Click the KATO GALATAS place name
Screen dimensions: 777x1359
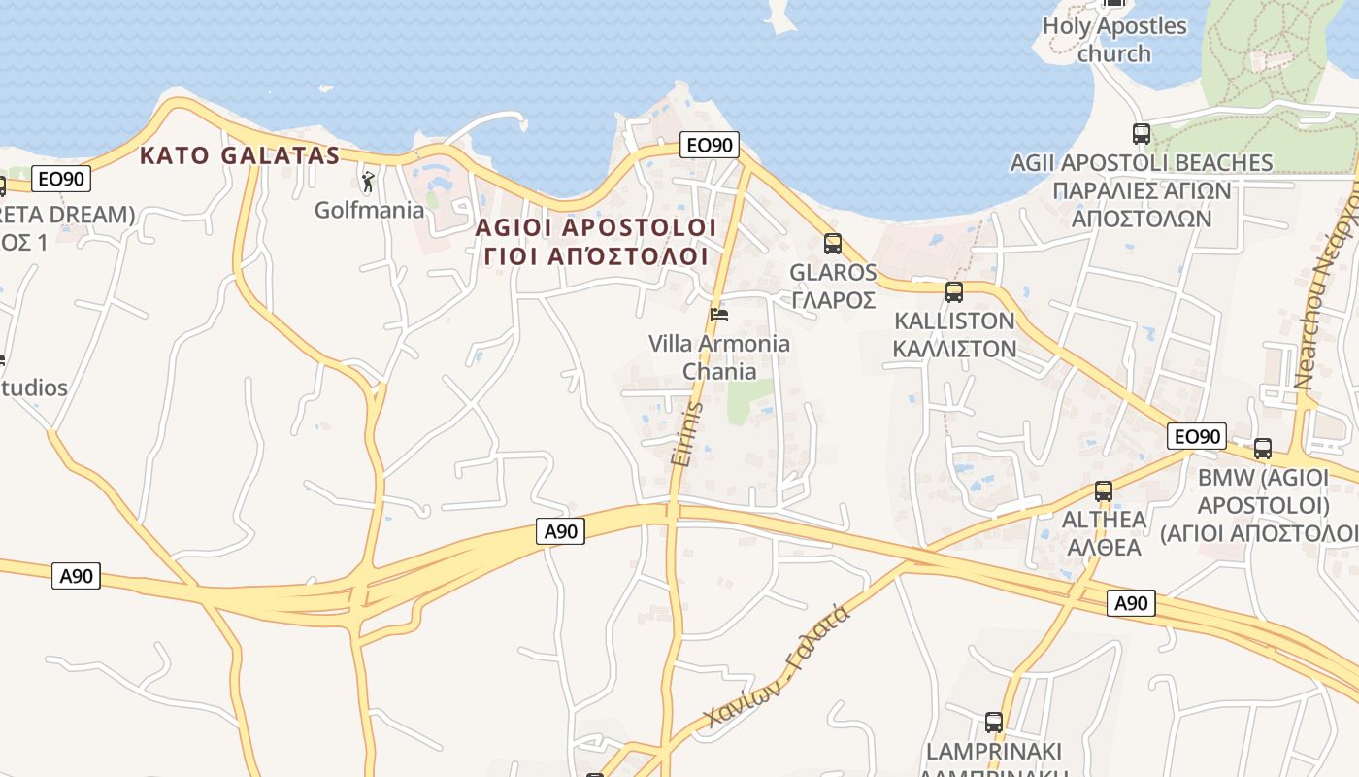[240, 155]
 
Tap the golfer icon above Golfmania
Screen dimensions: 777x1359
[368, 182]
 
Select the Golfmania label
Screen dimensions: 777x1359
[369, 210]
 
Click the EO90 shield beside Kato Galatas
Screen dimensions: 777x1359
[62, 179]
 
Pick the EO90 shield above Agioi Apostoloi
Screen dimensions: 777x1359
[709, 146]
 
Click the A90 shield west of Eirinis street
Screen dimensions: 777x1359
[561, 530]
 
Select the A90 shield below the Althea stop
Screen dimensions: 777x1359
[1131, 603]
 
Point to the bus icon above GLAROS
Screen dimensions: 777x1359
[833, 244]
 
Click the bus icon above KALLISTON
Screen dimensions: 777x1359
[954, 291]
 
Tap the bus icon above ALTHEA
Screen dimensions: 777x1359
[1104, 491]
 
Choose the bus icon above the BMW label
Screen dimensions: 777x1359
[1263, 449]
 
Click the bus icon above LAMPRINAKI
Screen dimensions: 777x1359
[994, 723]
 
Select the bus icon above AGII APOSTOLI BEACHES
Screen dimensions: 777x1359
[1142, 134]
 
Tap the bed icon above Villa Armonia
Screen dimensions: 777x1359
[719, 314]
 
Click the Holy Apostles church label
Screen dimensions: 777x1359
[1114, 39]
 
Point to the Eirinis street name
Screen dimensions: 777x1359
[685, 434]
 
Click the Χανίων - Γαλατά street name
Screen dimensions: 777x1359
[779, 666]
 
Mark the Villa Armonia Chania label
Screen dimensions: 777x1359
[719, 357]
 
